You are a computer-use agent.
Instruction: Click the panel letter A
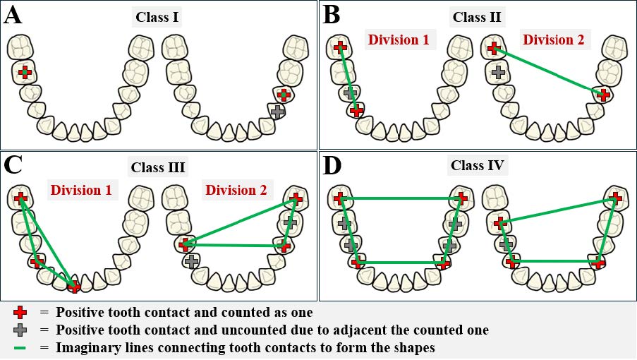[x=14, y=15]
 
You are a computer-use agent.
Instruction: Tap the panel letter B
[x=332, y=15]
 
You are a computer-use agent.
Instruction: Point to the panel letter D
[x=332, y=167]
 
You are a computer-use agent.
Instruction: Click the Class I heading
[x=157, y=16]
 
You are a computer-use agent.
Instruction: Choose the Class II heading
[x=477, y=16]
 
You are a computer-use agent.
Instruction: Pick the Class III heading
[x=157, y=167]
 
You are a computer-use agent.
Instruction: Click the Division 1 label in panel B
[x=398, y=40]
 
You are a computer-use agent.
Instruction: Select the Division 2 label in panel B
[x=554, y=40]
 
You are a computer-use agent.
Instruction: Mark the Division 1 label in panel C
[x=80, y=190]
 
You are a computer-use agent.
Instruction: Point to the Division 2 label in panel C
[x=237, y=190]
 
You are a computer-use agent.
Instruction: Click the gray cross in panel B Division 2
[x=498, y=71]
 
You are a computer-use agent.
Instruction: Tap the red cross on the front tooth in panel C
[x=74, y=286]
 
